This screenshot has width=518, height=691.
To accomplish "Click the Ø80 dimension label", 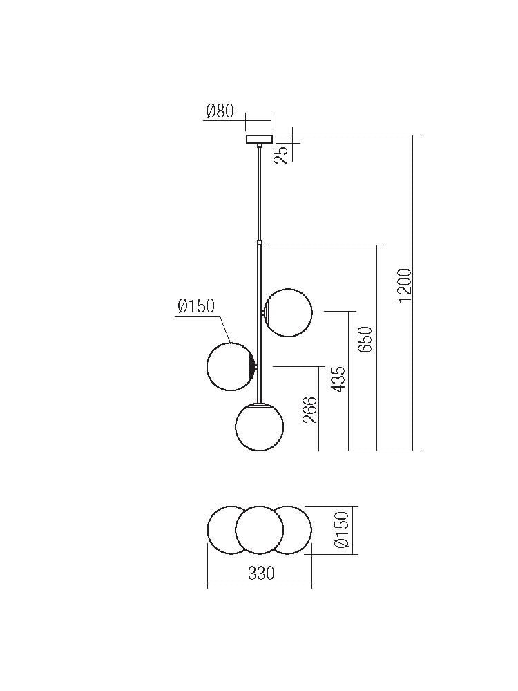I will point(220,111).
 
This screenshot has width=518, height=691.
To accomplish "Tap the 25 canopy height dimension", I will point(282,153).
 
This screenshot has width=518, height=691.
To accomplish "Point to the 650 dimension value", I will point(366,339).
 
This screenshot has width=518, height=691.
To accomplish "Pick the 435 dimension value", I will point(338,379).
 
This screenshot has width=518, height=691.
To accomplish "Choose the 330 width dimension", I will point(261,574).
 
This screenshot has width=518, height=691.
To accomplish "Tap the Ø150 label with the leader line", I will point(196,306).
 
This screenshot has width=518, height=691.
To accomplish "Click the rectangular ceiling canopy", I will point(259,139).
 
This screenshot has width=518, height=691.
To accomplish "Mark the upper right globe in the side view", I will point(289,313).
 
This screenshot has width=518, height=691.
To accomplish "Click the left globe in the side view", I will point(231,366).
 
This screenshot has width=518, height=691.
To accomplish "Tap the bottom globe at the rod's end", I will point(259,428).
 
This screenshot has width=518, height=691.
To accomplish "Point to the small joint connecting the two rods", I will point(259,243).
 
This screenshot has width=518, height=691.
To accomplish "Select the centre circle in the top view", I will point(259,530).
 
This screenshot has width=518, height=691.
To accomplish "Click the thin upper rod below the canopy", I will point(259,193).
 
